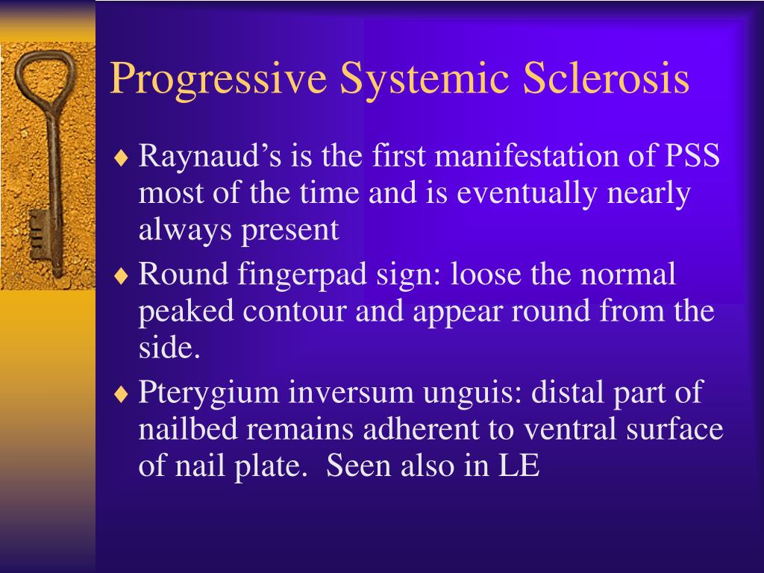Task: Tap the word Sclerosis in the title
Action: coord(605,79)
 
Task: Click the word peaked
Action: coord(182,312)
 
